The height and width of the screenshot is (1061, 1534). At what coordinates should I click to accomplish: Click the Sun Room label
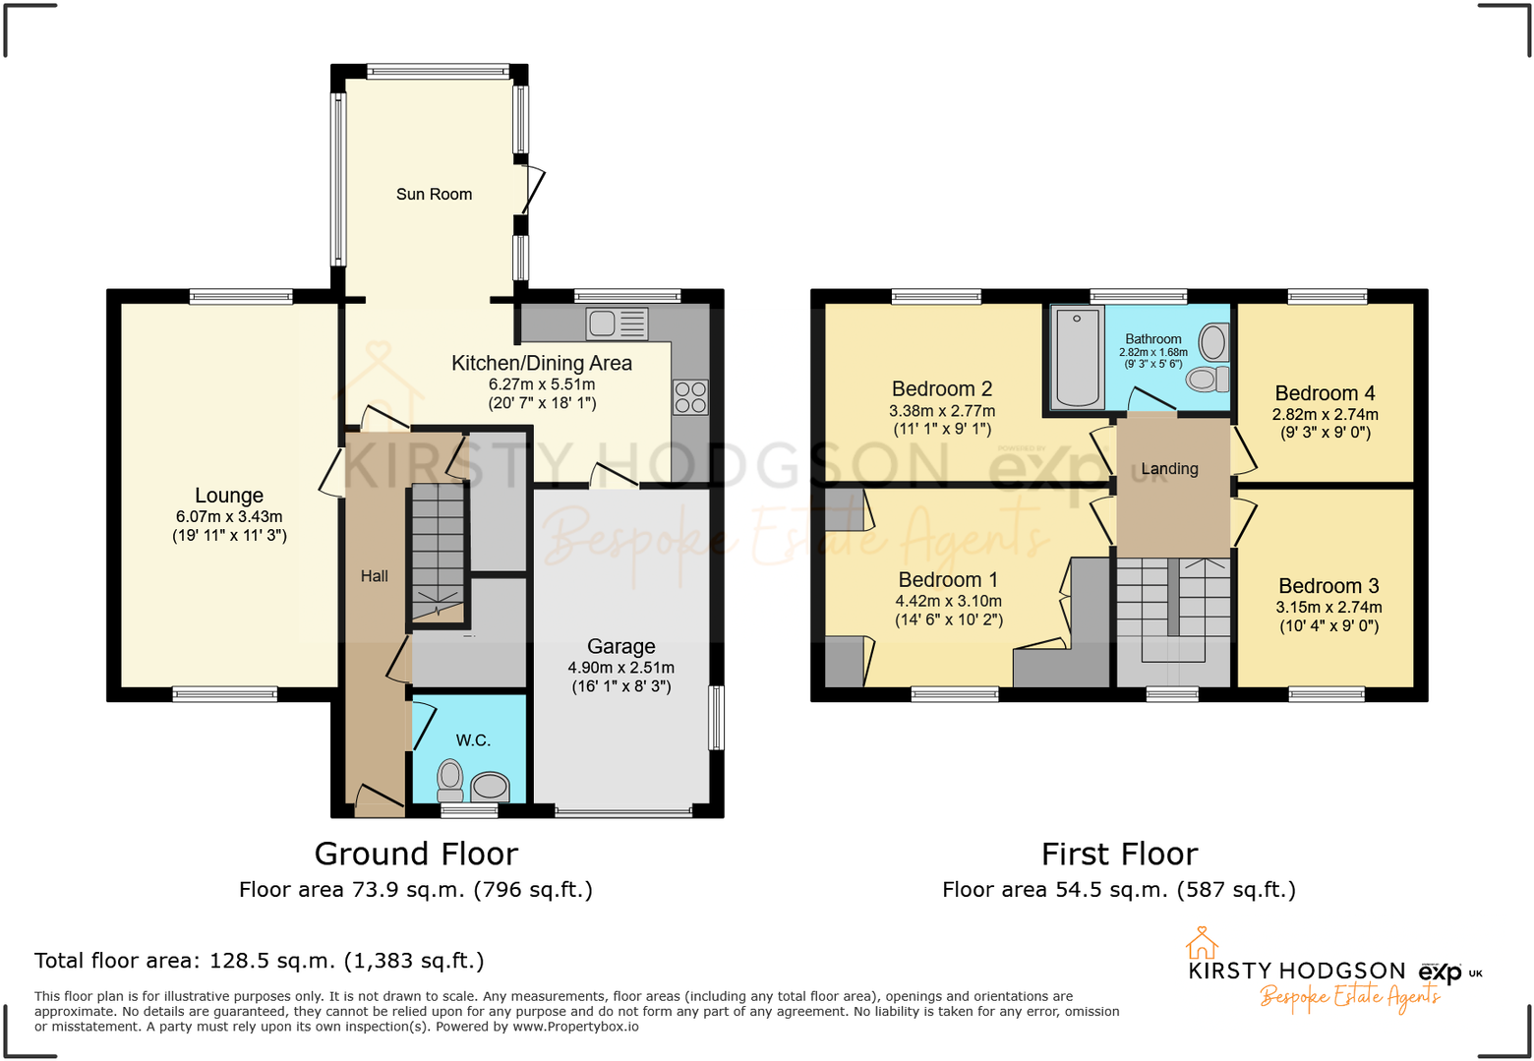tap(434, 195)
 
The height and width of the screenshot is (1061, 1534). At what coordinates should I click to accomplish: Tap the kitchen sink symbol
tap(617, 324)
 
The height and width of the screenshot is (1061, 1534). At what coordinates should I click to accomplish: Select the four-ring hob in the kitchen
tap(690, 397)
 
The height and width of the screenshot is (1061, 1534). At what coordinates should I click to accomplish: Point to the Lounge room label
tap(229, 496)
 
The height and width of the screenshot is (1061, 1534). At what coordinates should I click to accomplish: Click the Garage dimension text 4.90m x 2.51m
tap(621, 668)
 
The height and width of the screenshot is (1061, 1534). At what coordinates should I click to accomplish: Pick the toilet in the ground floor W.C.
tap(450, 776)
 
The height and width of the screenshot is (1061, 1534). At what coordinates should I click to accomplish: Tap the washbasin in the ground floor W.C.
tap(490, 786)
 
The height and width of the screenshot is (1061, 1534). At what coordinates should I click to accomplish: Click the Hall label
tap(374, 576)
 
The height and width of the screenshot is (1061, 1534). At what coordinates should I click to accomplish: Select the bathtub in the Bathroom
tap(1078, 357)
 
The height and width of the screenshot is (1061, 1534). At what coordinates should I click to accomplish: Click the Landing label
tap(1169, 469)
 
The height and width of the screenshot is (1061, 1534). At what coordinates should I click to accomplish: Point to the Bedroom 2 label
tap(941, 389)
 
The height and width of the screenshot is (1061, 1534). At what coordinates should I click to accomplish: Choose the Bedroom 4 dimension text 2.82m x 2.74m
tap(1325, 415)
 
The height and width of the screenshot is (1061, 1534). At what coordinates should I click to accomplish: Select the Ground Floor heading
tap(416, 854)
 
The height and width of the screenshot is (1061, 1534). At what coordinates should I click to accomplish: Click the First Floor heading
tap(1119, 854)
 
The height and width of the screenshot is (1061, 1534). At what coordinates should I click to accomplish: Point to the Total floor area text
tap(260, 961)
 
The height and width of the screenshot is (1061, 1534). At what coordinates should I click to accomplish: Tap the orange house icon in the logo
tap(1202, 943)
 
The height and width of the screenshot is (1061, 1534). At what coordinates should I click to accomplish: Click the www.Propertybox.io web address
tap(575, 1027)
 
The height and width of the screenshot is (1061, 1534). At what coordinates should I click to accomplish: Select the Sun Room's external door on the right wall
tap(532, 190)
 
